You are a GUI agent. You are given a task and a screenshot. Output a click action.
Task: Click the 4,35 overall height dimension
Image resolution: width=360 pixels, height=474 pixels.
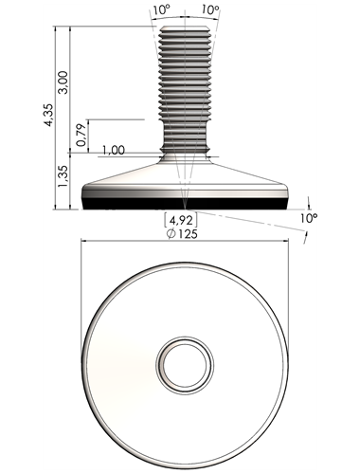(x=48, y=115)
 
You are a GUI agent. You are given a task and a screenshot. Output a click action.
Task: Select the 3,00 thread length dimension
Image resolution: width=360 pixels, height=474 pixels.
(x=63, y=82)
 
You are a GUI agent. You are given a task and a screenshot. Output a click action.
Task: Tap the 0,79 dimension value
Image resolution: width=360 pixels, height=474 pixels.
(x=81, y=135)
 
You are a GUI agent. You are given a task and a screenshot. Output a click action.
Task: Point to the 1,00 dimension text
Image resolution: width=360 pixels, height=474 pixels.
(x=114, y=150)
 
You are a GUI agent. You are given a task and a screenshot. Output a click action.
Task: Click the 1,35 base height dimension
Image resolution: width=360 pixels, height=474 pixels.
(x=63, y=175)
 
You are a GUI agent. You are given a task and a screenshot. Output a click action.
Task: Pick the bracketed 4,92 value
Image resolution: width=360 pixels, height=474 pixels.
(x=181, y=220)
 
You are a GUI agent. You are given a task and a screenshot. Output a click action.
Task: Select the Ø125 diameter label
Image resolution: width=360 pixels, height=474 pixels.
(x=182, y=234)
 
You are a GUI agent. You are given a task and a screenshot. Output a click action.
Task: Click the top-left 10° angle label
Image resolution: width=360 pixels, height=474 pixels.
(x=162, y=9)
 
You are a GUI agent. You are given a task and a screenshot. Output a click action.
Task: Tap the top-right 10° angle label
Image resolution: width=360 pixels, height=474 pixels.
(x=210, y=9)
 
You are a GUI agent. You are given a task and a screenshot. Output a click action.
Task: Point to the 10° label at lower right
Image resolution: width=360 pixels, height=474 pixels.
(x=308, y=218)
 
